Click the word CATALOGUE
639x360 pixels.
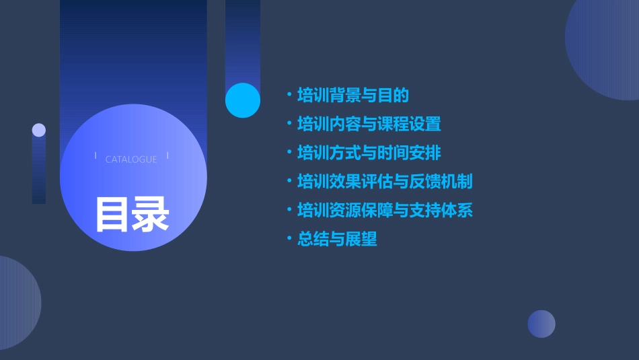(x=131, y=159)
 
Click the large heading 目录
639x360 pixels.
(x=132, y=214)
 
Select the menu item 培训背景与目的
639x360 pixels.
(x=353, y=96)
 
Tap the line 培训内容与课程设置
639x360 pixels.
(x=369, y=124)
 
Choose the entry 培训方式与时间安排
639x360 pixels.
(x=369, y=153)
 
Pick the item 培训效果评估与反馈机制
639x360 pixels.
(x=385, y=182)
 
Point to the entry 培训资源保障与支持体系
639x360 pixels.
(x=385, y=211)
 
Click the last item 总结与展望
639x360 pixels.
(x=337, y=239)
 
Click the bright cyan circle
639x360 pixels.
(x=242, y=100)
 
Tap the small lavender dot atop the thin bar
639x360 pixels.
(x=39, y=130)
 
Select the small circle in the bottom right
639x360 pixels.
(x=541, y=324)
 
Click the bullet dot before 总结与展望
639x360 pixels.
(x=289, y=239)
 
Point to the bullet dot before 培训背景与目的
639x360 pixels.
(x=289, y=96)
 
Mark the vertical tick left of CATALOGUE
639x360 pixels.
(x=96, y=156)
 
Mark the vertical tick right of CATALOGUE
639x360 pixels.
(x=167, y=156)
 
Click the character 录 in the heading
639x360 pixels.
(x=151, y=214)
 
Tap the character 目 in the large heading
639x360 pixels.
(x=112, y=214)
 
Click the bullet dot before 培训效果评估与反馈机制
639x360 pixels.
(x=289, y=182)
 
